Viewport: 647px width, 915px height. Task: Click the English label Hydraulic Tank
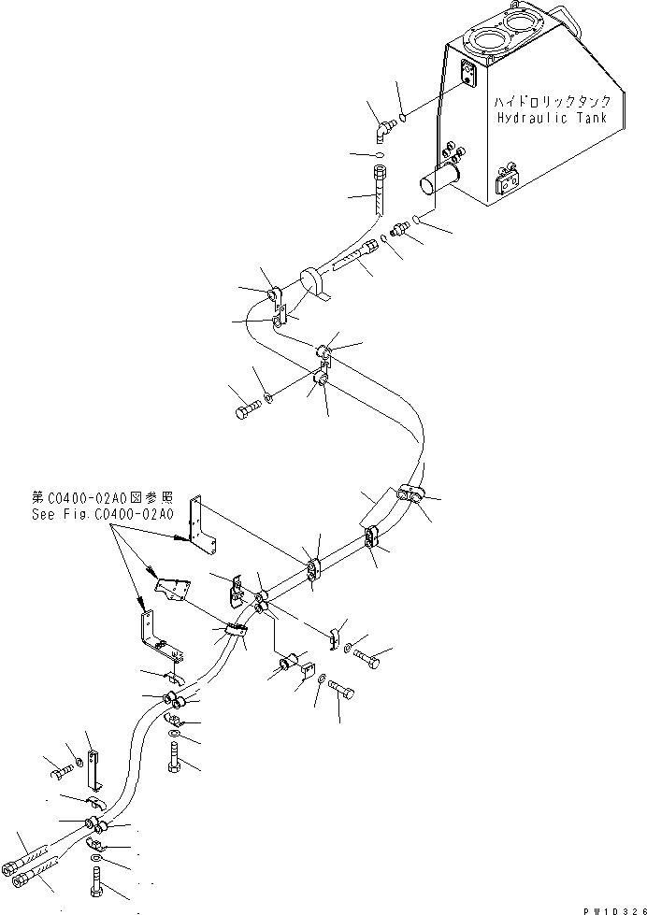coord(552,119)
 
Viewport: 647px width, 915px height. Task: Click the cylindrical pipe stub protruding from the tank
coord(439,180)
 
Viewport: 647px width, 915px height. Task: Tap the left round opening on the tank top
coord(487,42)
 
